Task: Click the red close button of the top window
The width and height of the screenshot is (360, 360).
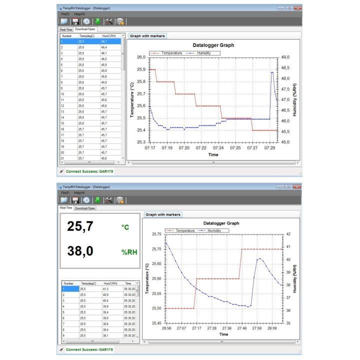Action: [298, 8]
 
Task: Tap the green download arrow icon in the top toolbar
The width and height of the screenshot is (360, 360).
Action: [97, 21]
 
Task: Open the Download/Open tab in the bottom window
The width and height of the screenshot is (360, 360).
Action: [85, 208]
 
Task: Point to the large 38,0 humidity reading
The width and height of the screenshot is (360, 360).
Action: [80, 251]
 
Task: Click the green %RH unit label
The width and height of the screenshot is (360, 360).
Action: [129, 252]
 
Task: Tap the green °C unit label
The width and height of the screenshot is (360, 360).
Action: [125, 227]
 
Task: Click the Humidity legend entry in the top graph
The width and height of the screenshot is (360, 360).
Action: [200, 52]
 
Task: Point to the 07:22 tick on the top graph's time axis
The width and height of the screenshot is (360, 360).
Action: [201, 148]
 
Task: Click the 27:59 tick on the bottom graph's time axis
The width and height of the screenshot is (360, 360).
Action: [257, 328]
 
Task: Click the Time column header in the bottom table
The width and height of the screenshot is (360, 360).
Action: [128, 283]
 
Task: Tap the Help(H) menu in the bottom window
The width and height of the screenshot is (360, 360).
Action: [79, 192]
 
